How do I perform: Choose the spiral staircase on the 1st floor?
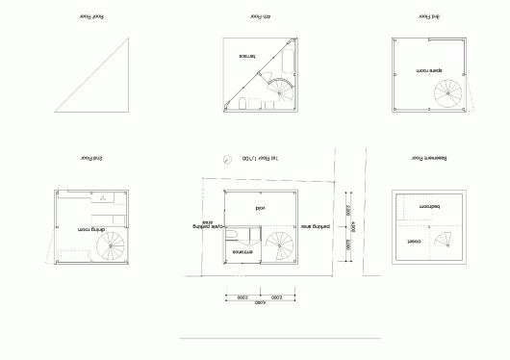click(281, 246)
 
